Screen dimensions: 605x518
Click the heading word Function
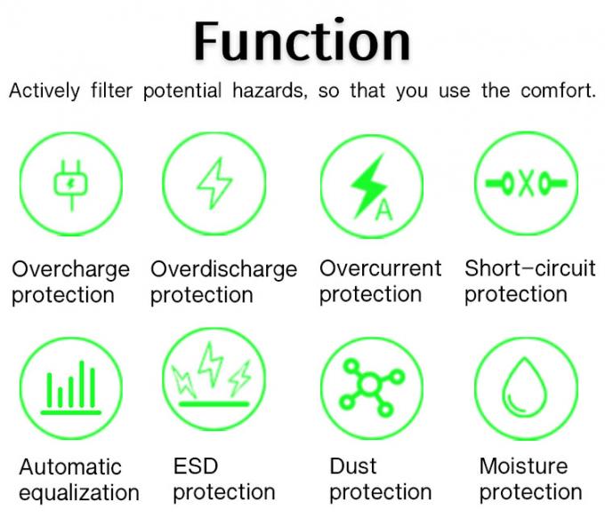pos(302,41)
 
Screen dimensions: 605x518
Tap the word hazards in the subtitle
pos(270,91)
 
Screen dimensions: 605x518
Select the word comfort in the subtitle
pos(558,91)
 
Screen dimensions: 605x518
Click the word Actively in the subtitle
pos(44,92)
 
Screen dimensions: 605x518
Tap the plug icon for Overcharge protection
pos(71,186)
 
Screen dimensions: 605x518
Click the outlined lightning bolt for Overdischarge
pos(214,183)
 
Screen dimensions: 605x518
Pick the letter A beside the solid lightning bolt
pos(384,210)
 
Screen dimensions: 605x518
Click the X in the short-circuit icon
pos(527,183)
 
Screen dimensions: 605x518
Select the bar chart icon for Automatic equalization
pos(71,387)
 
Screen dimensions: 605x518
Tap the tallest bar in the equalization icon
pos(82,384)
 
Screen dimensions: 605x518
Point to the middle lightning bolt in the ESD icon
pos(211,363)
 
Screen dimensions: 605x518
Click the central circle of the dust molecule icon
pos(369,384)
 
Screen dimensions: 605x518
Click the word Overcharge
pos(70,269)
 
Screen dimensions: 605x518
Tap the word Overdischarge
pos(224,269)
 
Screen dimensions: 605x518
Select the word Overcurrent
pos(381,268)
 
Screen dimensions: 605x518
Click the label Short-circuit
pos(529,268)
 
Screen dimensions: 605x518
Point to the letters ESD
pos(196,466)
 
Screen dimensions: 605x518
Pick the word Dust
pos(353,466)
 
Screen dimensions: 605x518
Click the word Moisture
pos(523,466)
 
